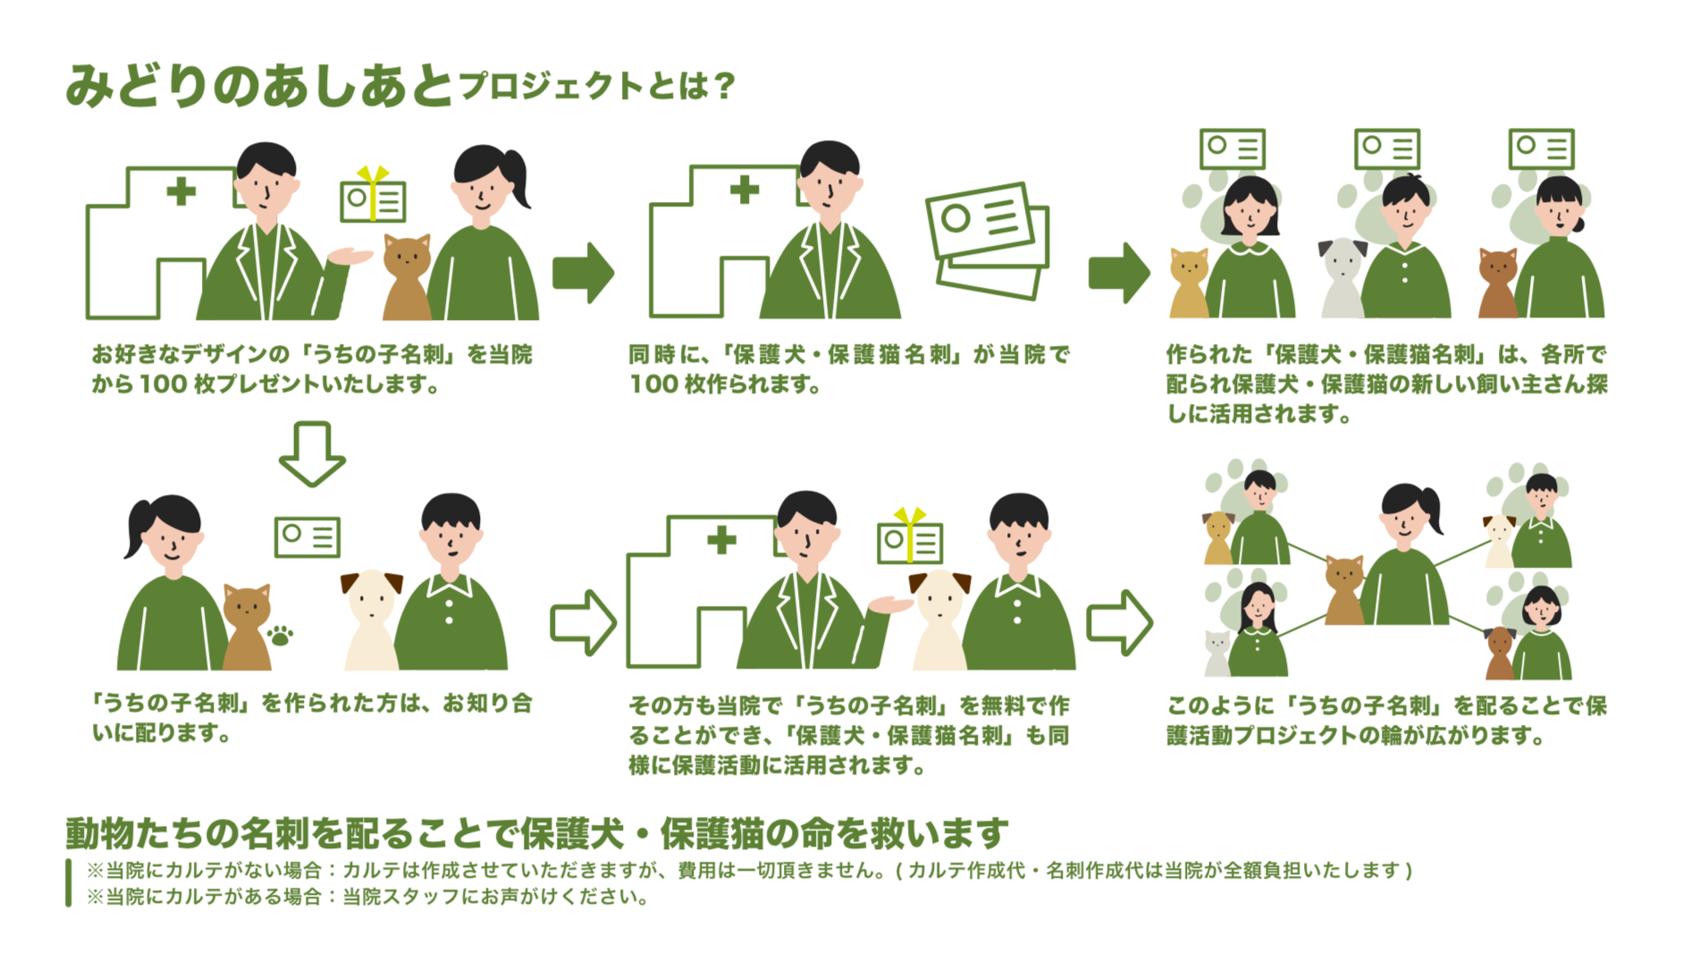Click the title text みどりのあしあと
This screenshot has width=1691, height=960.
[259, 87]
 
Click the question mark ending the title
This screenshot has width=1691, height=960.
[725, 87]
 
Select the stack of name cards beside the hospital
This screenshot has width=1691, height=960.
[988, 240]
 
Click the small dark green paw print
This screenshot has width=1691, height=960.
[281, 636]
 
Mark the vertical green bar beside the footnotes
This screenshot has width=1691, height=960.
[69, 883]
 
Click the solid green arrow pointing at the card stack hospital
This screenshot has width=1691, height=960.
[583, 273]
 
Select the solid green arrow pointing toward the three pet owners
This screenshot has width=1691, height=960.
[1118, 273]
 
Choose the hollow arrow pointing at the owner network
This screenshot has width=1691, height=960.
[1118, 622]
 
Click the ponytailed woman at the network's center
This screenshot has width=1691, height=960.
[1405, 554]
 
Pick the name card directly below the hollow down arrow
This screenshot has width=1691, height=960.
[307, 536]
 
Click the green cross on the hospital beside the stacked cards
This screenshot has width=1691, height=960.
[744, 189]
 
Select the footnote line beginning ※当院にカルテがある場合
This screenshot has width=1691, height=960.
[367, 897]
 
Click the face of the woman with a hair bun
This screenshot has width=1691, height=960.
[1560, 214]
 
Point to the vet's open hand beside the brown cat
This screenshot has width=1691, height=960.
[350, 257]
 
